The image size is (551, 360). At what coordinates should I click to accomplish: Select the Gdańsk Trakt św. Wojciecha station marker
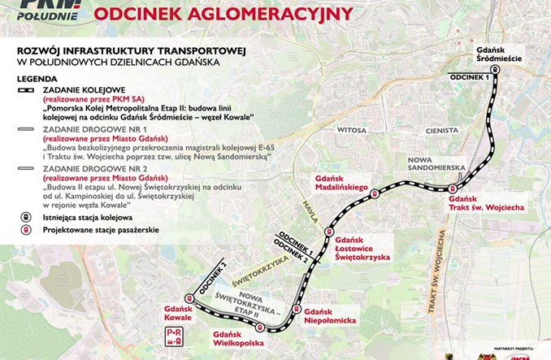[x=452, y=188]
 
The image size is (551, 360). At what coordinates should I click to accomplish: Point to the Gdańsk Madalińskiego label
[x=341, y=183]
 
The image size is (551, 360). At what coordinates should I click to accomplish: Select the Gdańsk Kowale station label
[x=177, y=314]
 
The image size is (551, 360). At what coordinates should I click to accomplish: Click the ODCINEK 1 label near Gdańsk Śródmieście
[x=471, y=76]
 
